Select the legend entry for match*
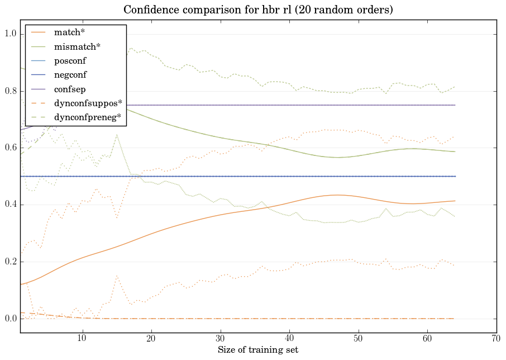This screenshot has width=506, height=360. click(69, 32)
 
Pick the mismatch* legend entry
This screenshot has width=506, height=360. click(77, 47)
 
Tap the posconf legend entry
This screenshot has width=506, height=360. click(70, 60)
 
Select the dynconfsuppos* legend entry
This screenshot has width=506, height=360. click(88, 103)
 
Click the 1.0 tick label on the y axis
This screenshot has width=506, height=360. click(10, 35)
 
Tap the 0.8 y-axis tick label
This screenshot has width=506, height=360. click(10, 91)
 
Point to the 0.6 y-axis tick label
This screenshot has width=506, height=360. click(10, 148)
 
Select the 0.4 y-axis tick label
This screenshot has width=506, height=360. click(10, 205)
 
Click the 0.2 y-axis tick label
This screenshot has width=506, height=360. click(10, 262)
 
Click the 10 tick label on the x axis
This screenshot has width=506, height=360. click(82, 338)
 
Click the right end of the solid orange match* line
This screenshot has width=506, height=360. click(455, 201)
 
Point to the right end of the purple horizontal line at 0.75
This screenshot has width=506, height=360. click(455, 105)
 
